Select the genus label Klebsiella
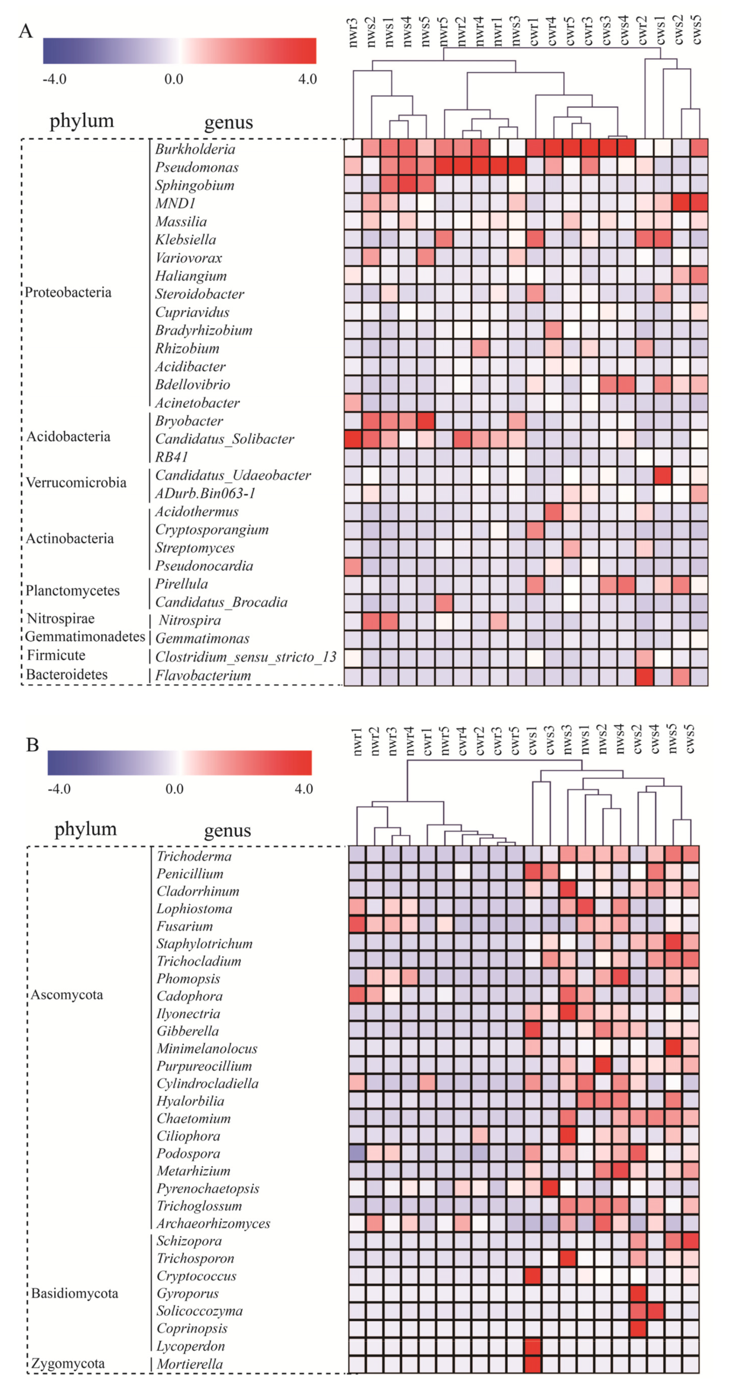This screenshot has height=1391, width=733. pyautogui.click(x=185, y=240)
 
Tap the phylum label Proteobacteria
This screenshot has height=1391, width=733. pyautogui.click(x=68, y=293)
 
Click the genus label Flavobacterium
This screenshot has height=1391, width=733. pyautogui.click(x=203, y=675)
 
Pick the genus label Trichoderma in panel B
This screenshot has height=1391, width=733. pyautogui.click(x=194, y=856)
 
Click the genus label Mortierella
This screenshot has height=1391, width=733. pyautogui.click(x=190, y=1364)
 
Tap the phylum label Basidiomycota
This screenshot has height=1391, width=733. pyautogui.click(x=74, y=1293)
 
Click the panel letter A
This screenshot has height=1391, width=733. pyautogui.click(x=25, y=31)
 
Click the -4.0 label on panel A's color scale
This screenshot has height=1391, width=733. pyautogui.click(x=54, y=79)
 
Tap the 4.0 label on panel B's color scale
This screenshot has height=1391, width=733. pyautogui.click(x=304, y=789)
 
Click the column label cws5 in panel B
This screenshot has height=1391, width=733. pyautogui.click(x=690, y=739)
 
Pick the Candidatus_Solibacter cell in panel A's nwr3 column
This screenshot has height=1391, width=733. pyautogui.click(x=353, y=439)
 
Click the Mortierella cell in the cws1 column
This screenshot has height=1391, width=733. pyautogui.click(x=532, y=1364)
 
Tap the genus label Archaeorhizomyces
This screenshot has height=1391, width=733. pyautogui.click(x=213, y=1224)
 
